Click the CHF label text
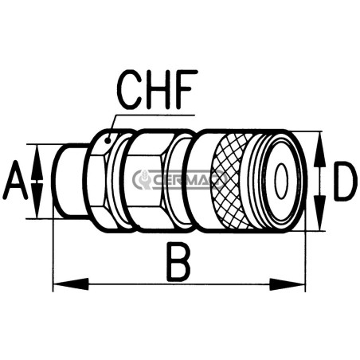click(157, 89)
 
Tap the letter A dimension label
click(15, 180)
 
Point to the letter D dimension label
click(343, 181)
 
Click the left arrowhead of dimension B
click(71, 284)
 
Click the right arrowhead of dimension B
click(288, 284)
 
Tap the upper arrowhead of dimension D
click(320, 150)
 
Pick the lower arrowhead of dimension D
click(320, 213)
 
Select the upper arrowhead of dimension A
click(37, 162)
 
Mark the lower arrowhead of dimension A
click(37, 201)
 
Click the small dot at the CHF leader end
click(108, 140)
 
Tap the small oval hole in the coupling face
click(281, 181)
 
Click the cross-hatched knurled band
click(231, 181)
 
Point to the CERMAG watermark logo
click(178, 179)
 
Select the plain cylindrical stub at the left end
click(69, 181)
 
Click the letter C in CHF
click(130, 89)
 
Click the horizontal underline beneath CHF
click(155, 115)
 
